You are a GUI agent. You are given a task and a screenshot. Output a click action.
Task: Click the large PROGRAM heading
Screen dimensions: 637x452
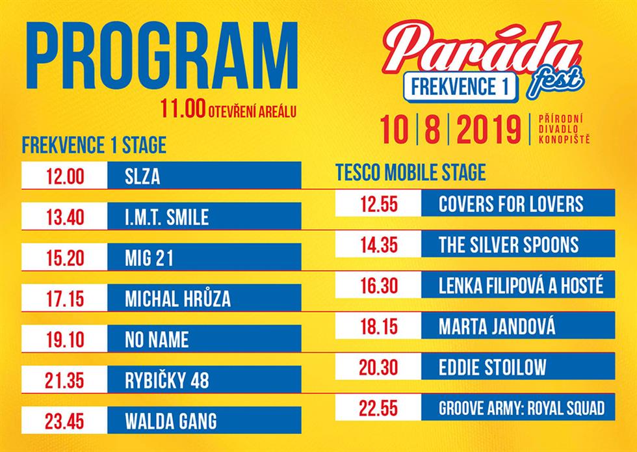161,56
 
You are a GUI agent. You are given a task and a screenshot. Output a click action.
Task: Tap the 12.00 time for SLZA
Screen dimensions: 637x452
65,177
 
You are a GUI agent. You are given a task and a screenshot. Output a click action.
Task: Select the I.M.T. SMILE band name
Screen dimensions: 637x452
166,217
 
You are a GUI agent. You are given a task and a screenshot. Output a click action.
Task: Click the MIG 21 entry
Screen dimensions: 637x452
149,258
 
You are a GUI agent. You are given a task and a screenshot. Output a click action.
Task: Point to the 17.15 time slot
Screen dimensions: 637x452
65,299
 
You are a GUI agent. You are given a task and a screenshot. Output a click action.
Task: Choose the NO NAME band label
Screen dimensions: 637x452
157,339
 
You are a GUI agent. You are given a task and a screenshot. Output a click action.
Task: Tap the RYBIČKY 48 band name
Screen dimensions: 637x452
166,380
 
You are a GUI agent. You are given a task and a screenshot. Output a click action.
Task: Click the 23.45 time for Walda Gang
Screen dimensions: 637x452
64,421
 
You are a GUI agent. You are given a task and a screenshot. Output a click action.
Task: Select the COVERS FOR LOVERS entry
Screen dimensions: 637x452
511,204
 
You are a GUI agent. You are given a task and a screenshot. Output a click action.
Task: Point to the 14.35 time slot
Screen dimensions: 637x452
379,245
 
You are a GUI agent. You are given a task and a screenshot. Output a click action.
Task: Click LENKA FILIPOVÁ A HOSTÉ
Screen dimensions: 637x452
521,285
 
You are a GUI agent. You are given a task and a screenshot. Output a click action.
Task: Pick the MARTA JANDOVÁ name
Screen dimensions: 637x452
497,326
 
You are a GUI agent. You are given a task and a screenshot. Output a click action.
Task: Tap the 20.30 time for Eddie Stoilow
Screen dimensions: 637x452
378,367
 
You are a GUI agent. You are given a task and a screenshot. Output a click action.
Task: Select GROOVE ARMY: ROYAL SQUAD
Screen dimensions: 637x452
521,408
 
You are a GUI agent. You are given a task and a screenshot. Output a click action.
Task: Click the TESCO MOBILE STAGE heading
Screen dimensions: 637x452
410,172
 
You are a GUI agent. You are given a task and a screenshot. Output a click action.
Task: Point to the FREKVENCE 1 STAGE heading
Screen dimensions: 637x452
94,145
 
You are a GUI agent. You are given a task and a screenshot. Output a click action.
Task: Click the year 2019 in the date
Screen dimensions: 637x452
489,129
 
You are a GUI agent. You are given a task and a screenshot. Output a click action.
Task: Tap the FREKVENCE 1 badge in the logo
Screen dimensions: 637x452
460,87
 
